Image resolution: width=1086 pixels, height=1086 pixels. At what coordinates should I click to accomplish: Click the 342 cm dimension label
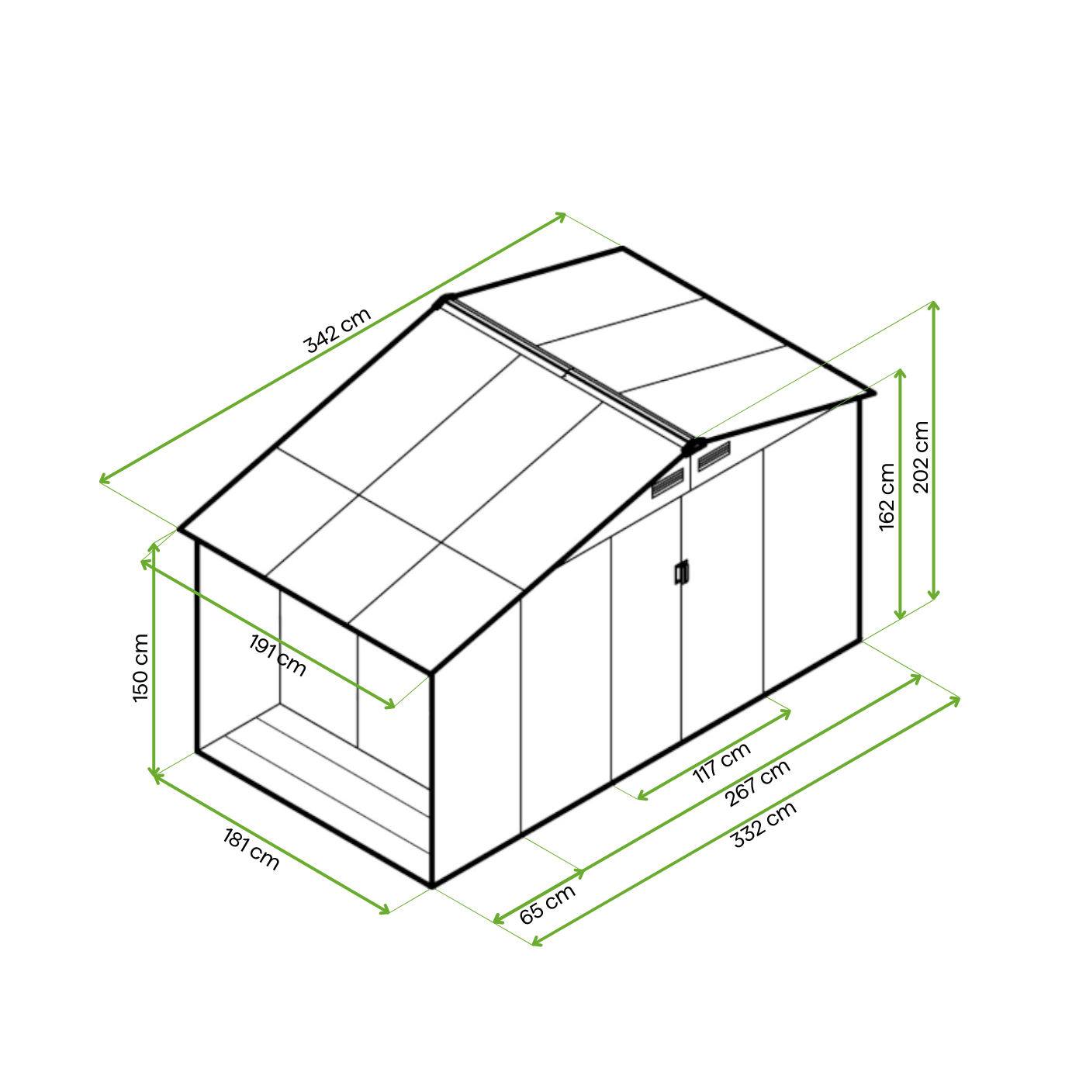click(337, 330)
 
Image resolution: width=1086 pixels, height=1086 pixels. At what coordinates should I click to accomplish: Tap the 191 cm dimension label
click(278, 655)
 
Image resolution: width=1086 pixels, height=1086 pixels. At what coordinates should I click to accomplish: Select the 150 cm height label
click(140, 669)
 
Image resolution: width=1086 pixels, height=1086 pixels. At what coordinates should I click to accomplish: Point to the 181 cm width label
click(251, 849)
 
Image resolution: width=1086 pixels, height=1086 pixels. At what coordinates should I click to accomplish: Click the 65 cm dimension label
click(547, 904)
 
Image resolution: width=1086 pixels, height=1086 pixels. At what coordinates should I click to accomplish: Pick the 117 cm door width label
click(721, 763)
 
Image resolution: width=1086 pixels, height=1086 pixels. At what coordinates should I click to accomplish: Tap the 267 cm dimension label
click(757, 783)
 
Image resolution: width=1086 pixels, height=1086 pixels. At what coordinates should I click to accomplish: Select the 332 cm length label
click(763, 825)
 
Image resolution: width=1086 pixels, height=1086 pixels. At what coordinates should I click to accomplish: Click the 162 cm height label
click(887, 496)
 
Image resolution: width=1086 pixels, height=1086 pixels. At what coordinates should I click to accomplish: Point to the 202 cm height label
click(920, 457)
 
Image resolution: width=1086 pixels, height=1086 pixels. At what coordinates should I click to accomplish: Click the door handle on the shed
click(681, 572)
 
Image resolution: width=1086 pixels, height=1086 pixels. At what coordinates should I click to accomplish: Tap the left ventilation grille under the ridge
click(667, 483)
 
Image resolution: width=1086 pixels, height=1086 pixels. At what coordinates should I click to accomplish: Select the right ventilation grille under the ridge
click(714, 456)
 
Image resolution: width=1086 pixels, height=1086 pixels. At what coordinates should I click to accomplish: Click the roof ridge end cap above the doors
click(693, 446)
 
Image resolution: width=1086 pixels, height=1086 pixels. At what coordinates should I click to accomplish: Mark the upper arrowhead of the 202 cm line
click(934, 305)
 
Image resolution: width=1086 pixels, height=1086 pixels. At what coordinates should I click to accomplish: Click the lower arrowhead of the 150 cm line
click(154, 773)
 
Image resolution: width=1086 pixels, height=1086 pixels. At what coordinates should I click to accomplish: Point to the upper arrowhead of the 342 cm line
click(562, 216)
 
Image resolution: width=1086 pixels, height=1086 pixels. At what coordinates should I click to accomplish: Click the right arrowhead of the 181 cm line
click(385, 910)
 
